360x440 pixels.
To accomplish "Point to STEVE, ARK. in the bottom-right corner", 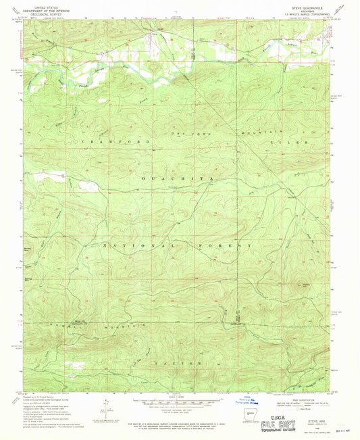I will (315, 419).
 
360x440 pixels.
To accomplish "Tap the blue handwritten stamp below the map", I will (245, 401).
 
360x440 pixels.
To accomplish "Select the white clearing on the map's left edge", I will (87, 185).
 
